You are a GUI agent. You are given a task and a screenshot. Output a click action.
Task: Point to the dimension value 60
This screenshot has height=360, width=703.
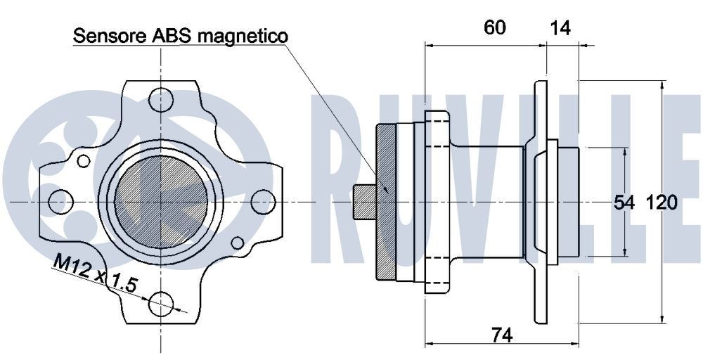pyautogui.click(x=495, y=27)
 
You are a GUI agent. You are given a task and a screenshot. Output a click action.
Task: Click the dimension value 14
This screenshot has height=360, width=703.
pyautogui.click(x=560, y=27)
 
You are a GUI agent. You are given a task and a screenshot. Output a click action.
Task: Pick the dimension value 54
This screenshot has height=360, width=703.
pyautogui.click(x=624, y=203)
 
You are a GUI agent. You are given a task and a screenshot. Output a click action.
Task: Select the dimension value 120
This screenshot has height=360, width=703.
pyautogui.click(x=662, y=203)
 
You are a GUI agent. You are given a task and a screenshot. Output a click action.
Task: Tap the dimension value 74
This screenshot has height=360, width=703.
pyautogui.click(x=501, y=336)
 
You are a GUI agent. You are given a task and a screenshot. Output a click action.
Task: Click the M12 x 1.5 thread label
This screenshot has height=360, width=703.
pyautogui.click(x=94, y=273)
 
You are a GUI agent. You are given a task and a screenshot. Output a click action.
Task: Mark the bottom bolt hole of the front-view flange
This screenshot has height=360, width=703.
pyautogui.click(x=161, y=304)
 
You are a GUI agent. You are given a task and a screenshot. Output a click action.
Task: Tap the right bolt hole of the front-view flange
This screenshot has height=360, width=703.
pyautogui.click(x=262, y=201)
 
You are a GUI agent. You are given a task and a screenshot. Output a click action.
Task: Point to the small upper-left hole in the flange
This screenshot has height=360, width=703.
pyautogui.click(x=84, y=161)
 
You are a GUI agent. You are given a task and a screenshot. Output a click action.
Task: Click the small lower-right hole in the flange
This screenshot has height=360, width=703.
pyautogui.click(x=238, y=243)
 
